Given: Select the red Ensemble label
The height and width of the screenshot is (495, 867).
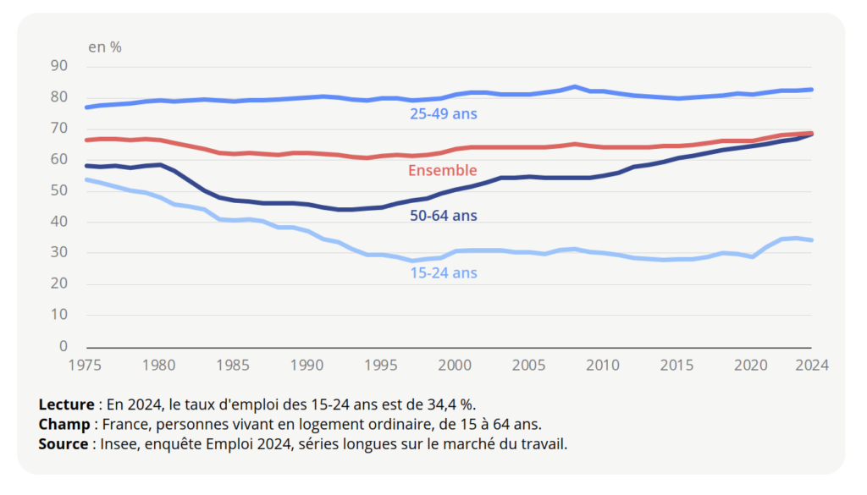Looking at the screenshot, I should [443, 171].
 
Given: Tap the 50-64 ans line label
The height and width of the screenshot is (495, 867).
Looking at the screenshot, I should [443, 217].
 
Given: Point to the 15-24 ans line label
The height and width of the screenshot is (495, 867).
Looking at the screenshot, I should [444, 273].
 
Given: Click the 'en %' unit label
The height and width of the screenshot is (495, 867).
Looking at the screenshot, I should [105, 47].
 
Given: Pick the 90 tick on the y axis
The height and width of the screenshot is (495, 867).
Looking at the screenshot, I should [58, 66].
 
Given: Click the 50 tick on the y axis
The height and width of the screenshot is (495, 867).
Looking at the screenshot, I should [58, 191].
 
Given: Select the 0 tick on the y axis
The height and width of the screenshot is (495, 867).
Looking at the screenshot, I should [63, 347].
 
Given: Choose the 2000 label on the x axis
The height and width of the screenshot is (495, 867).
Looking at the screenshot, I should [456, 366].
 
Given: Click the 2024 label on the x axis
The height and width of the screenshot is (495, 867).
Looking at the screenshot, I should [812, 366].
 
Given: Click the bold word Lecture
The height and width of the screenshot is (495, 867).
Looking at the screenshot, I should [66, 404].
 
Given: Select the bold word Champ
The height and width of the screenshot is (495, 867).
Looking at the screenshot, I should [64, 424].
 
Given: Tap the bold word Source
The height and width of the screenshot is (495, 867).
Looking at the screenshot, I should [64, 443].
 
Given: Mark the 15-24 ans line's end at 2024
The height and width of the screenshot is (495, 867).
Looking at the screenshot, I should [812, 240].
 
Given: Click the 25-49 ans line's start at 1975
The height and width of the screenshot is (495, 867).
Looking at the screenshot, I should [86, 107].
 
